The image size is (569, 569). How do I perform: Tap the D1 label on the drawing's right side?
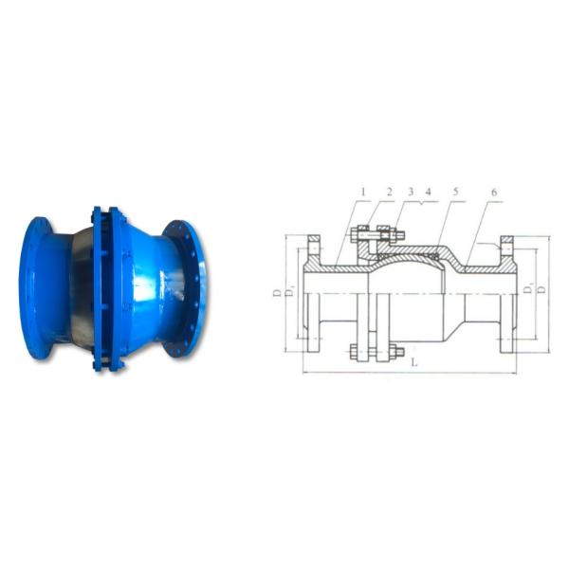[532, 286]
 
